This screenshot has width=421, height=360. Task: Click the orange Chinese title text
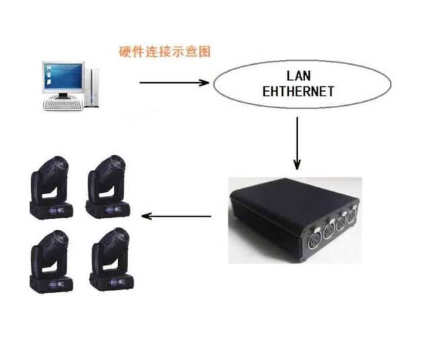164,51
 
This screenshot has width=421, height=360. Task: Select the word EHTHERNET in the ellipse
298,92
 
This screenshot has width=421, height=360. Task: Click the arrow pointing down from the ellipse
297,143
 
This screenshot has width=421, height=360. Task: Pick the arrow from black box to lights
176,216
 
